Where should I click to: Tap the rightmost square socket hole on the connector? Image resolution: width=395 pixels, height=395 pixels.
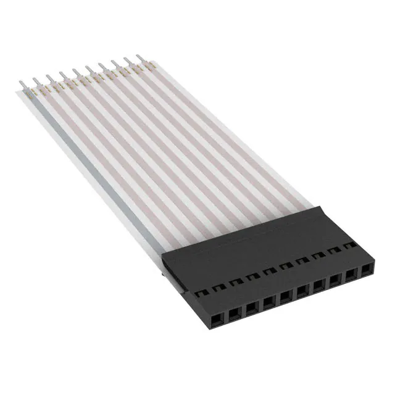(x=368, y=270)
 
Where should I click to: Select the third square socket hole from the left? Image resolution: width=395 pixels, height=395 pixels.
(x=252, y=307)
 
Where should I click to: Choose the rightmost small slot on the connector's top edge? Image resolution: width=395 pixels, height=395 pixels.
(x=352, y=246)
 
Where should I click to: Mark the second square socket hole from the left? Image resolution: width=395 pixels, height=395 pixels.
(x=235, y=313)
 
